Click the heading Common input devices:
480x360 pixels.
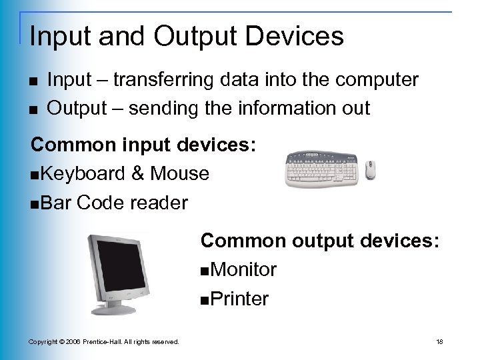click(143, 145)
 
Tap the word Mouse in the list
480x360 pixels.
click(180, 174)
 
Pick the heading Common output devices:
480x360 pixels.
click(320, 240)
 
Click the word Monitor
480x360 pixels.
click(242, 269)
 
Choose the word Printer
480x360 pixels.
click(238, 299)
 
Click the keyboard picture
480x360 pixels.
click(323, 169)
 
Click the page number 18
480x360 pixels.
click(439, 342)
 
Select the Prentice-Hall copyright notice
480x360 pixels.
click(103, 342)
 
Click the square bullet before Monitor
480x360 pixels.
click(203, 271)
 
